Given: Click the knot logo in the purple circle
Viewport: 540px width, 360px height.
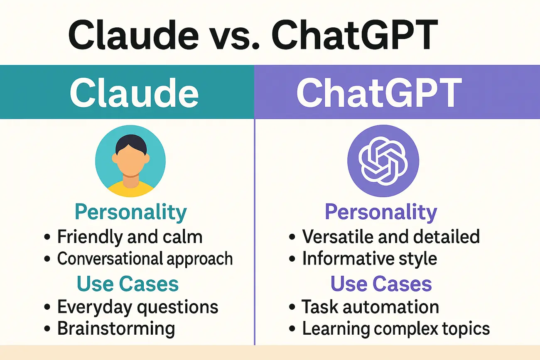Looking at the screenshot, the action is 383,161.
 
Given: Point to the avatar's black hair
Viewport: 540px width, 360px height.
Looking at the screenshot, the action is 131,143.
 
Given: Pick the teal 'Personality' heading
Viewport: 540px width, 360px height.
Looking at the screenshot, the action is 131,212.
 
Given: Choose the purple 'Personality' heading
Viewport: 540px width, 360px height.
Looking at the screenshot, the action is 381,212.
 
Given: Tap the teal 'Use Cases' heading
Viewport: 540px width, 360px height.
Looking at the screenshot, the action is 128,284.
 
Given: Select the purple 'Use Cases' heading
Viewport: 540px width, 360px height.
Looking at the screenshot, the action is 381,284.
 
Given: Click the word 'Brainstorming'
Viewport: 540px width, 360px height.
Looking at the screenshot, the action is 116,329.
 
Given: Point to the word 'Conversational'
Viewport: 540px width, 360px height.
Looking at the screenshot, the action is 110,258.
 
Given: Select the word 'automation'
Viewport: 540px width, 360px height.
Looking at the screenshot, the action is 391,307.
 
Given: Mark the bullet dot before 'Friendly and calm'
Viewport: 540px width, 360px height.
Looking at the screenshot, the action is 47,237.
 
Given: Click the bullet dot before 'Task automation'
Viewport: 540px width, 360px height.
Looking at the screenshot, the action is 292,307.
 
